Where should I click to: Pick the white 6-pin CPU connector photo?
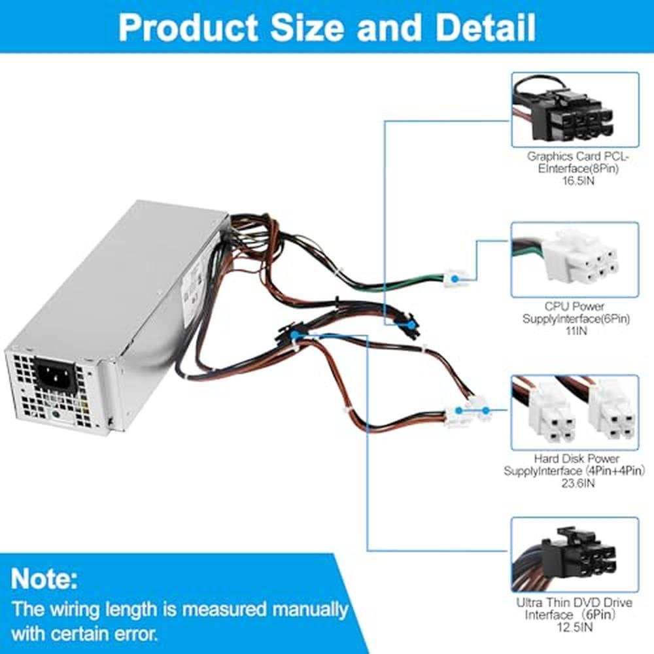[574, 260]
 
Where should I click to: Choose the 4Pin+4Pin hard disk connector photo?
[574, 412]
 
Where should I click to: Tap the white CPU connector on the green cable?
[453, 279]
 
